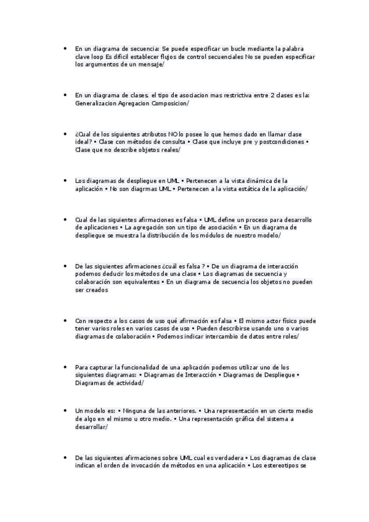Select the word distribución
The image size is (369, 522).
pyautogui.click(x=174, y=236)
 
